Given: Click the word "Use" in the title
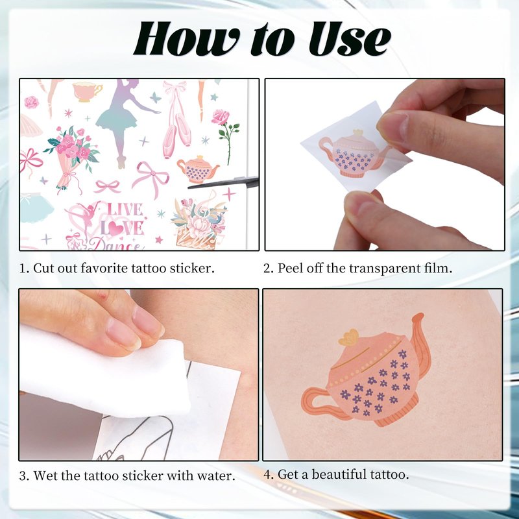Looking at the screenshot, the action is click(350, 39).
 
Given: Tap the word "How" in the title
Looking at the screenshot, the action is click(186, 39).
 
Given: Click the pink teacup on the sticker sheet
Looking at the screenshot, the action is click(87, 91).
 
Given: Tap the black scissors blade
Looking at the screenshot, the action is click(223, 184).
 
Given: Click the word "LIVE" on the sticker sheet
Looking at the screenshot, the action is click(125, 210).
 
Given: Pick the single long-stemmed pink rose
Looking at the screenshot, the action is click(226, 136).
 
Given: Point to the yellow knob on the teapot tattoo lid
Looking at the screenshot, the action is click(348, 337).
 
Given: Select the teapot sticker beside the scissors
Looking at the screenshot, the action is click(198, 169).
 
